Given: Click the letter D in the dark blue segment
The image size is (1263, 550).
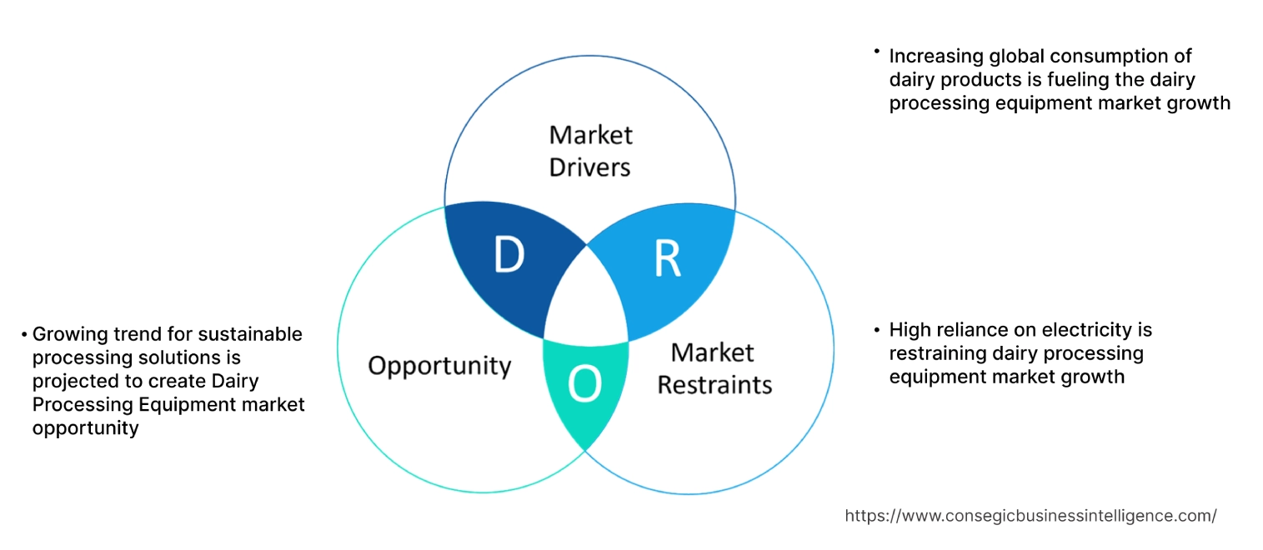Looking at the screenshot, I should [509, 256].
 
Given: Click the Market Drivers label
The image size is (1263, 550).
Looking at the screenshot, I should [590, 151].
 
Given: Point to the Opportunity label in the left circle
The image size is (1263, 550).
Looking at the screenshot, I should [439, 365].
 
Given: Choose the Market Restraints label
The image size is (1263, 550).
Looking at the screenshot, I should [714, 368].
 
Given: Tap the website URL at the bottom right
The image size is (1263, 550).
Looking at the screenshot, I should [1030, 516].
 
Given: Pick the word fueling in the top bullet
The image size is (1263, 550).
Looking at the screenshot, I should [1078, 80].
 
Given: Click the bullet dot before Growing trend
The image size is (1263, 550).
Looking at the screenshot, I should [24, 335].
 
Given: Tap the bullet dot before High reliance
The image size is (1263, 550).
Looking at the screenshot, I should [877, 329].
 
